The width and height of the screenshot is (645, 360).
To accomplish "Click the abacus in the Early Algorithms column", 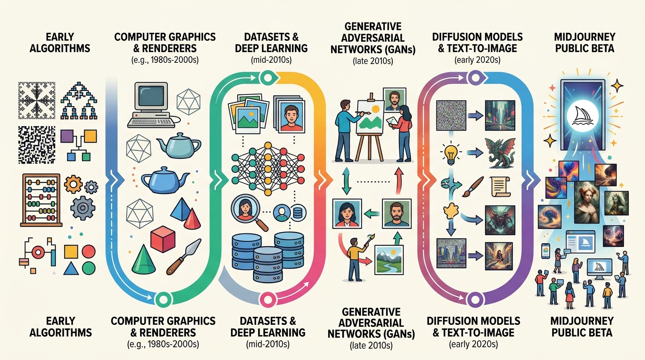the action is (41, 200).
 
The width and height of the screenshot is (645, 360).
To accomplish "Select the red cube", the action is (163, 239).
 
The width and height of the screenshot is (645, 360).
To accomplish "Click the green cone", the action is (143, 259).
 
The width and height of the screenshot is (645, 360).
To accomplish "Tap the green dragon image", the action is (500, 153).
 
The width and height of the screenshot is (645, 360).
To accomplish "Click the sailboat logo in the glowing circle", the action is (583, 116).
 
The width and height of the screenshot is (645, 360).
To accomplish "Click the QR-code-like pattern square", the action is (37, 145).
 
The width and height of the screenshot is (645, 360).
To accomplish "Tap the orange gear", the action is (73, 184).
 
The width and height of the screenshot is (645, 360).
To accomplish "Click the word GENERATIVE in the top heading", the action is (373, 27).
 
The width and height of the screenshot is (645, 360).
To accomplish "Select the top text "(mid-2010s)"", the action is (271, 60).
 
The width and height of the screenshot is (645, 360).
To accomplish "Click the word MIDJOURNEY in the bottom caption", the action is (582, 321).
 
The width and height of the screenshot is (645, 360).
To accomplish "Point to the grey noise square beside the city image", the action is (451, 115).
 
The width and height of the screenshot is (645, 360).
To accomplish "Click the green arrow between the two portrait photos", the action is (371, 214).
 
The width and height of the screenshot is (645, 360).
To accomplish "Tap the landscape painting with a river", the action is (389, 260).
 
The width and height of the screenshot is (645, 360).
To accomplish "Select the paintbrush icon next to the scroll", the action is (472, 187).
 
